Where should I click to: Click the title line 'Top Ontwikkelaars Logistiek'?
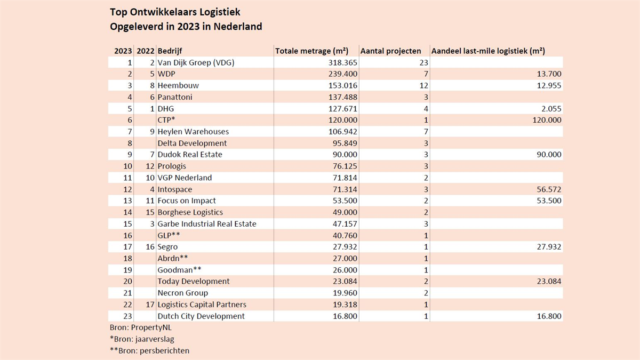click(x=175, y=12)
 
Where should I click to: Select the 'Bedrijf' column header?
click(x=170, y=51)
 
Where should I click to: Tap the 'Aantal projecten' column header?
click(x=390, y=51)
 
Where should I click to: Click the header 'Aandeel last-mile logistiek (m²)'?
click(x=488, y=51)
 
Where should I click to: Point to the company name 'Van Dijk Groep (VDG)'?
click(x=196, y=62)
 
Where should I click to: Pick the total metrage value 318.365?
click(x=342, y=62)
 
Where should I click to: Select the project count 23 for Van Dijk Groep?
click(x=423, y=62)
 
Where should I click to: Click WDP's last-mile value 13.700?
click(x=549, y=74)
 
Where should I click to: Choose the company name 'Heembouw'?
click(x=178, y=85)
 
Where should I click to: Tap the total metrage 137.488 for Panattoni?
click(x=342, y=97)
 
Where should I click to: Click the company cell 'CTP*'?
click(x=166, y=119)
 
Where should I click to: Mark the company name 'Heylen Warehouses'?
click(x=193, y=132)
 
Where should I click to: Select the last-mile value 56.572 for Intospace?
click(x=549, y=189)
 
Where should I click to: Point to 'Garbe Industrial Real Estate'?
click(x=207, y=223)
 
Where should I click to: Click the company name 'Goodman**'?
click(x=179, y=270)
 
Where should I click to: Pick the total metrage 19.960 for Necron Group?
click(x=345, y=293)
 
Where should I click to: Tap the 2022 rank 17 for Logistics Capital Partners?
click(x=150, y=305)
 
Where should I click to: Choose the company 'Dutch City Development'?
click(x=201, y=316)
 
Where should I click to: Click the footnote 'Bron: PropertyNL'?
click(x=141, y=327)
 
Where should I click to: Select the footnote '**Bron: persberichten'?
click(x=149, y=350)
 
